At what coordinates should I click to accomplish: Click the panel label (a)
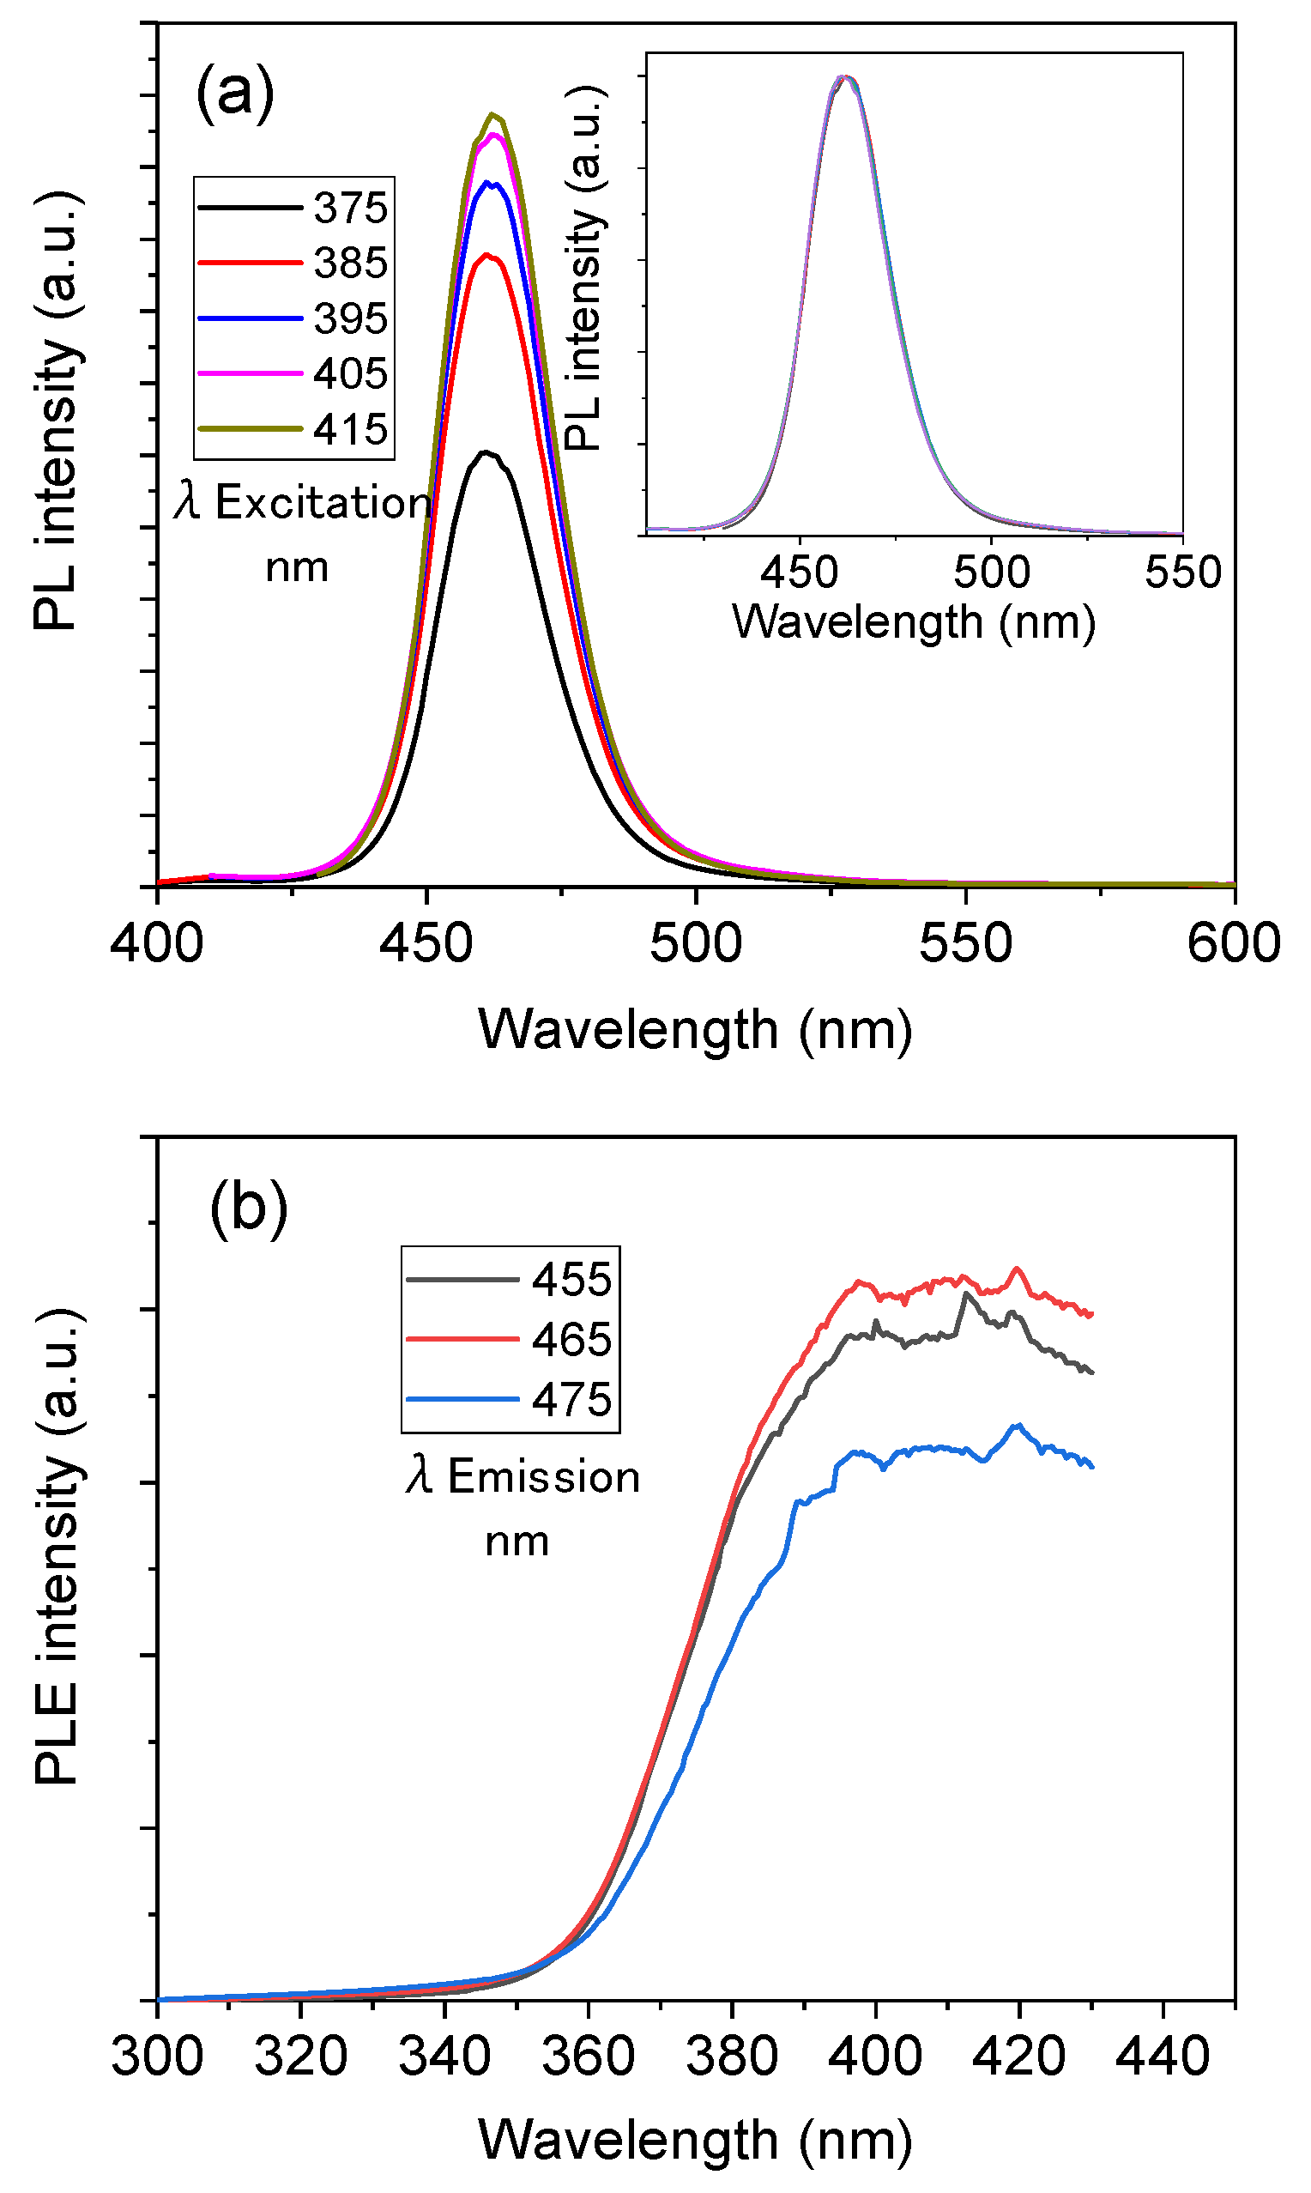click(234, 92)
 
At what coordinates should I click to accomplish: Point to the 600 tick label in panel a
click(1232, 942)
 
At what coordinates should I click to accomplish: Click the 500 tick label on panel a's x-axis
click(696, 942)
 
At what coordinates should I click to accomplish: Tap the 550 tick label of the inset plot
click(1182, 572)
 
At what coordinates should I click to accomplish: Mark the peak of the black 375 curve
click(485, 452)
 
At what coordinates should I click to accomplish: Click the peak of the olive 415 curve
click(493, 114)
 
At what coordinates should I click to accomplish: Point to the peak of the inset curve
click(844, 77)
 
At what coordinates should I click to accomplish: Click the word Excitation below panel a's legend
click(323, 503)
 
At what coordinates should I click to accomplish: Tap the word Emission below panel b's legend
click(543, 1476)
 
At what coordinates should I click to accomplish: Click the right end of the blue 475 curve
click(1093, 1467)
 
